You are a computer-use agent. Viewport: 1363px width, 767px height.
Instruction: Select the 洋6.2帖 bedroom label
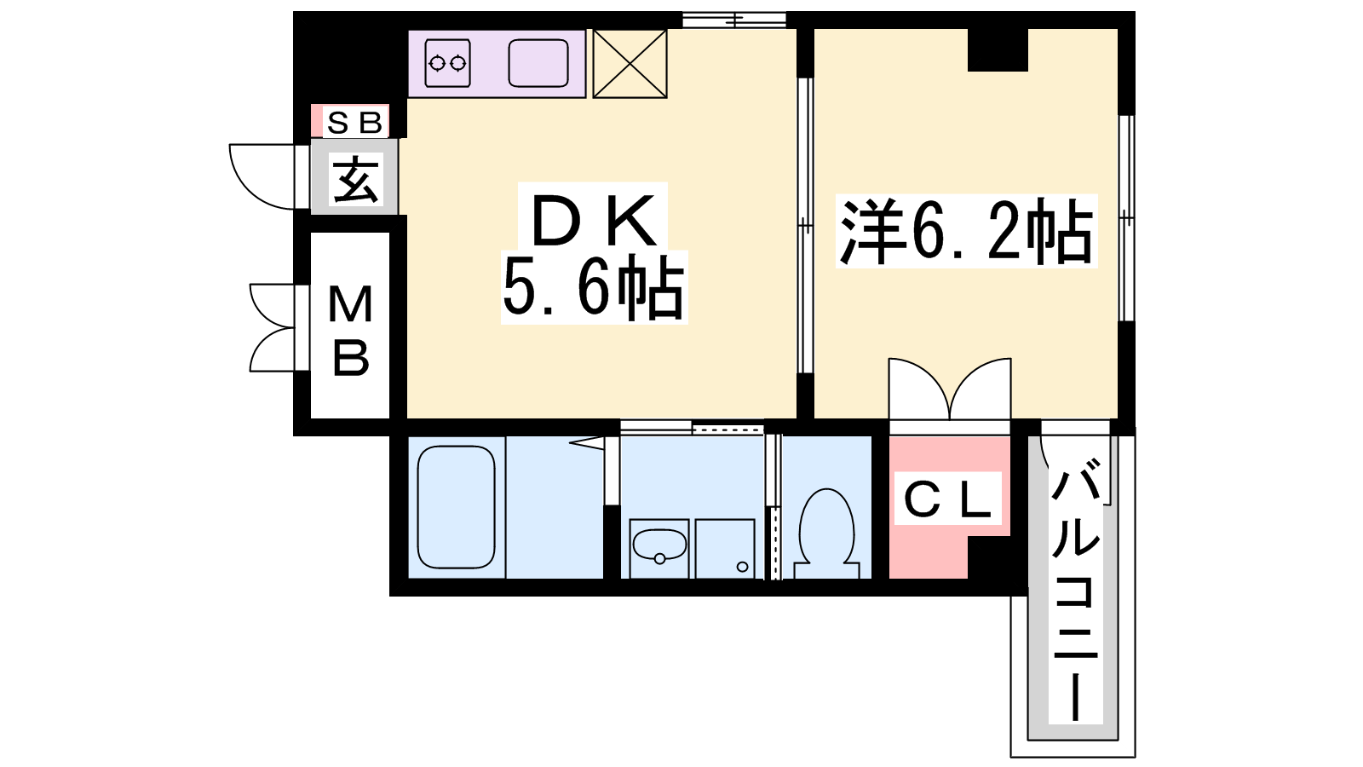(966, 231)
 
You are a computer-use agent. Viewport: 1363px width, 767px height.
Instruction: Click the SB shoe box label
(354, 123)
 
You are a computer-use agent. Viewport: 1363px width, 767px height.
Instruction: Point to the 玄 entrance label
(355, 179)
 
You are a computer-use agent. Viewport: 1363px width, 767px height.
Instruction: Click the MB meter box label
(350, 332)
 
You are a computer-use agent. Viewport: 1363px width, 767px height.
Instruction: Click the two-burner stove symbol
(448, 63)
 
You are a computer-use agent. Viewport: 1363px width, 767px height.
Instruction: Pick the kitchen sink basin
(538, 63)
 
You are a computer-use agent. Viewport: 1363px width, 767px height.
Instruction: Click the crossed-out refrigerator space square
(630, 63)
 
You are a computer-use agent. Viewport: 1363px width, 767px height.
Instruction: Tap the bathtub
(457, 507)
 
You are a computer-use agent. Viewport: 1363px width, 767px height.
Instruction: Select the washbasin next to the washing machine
(659, 548)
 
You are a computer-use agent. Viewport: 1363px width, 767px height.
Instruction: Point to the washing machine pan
(725, 549)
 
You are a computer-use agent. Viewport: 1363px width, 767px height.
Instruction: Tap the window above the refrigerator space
(734, 20)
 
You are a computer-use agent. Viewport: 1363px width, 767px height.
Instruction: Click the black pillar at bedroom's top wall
(998, 50)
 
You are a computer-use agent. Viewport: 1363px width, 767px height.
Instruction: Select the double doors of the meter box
(272, 327)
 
